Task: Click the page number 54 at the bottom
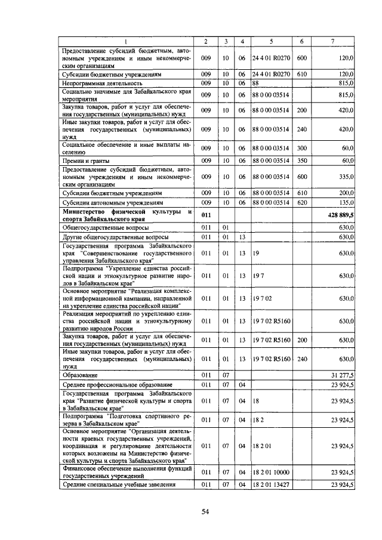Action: point(205,511)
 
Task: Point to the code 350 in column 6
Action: point(301,161)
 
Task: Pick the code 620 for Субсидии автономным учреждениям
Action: point(301,202)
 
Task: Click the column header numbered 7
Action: point(332,41)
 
